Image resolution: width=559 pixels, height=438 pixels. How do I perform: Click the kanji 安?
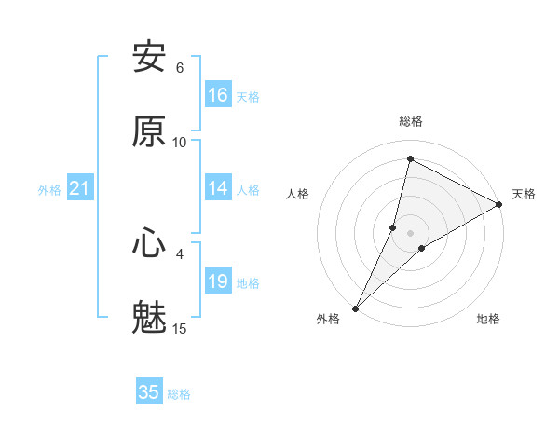point(149,57)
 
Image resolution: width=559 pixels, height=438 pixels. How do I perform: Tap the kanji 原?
point(149,131)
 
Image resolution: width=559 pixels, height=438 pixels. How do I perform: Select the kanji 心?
point(149,243)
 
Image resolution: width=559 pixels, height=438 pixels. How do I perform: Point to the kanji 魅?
point(149,318)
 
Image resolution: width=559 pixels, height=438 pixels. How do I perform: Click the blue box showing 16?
point(218,95)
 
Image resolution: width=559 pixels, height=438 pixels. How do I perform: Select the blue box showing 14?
point(218,188)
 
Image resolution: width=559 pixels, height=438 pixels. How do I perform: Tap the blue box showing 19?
point(218,281)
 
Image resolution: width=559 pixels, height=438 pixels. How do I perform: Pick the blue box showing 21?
point(80,188)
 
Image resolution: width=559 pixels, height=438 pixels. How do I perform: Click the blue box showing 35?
point(149,392)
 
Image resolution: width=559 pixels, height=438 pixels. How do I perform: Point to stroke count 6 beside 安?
point(180,68)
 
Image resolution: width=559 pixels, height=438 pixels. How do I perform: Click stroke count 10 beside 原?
point(180,143)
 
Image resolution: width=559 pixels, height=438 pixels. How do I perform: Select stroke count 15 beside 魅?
point(180,329)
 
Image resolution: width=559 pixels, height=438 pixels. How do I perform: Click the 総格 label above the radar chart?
point(411,122)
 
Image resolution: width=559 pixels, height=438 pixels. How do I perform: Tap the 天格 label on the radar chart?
point(524,194)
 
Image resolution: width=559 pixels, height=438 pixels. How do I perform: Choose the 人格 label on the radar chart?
point(297,194)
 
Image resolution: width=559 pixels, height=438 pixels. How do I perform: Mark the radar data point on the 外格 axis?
point(355,308)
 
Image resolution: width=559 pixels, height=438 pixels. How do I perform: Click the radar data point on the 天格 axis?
point(499,204)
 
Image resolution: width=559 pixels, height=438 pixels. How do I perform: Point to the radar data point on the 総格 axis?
point(411,159)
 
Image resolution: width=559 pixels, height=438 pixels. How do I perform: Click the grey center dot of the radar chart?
point(411,232)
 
